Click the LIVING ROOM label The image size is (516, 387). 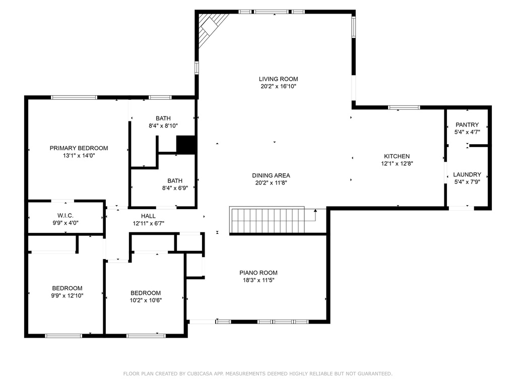tap(278, 79)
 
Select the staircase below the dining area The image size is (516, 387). tap(267, 220)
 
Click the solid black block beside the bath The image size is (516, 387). tap(186, 145)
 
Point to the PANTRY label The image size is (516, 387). tap(467, 124)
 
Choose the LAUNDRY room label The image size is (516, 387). tap(467, 174)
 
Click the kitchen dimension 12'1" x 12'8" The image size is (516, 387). tap(397, 163)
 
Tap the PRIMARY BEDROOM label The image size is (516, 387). tap(79, 148)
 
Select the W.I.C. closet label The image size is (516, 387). tap(66, 215)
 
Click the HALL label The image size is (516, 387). tap(148, 216)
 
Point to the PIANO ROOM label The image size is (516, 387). tap(258, 273)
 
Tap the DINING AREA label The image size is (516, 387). tap(271, 175)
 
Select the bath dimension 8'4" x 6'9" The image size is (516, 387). tap(175, 187)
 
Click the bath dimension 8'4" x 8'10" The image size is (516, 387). tap(163, 126)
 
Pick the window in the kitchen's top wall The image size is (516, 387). tap(404, 107)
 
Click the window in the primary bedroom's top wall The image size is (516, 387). tap(74, 97)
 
